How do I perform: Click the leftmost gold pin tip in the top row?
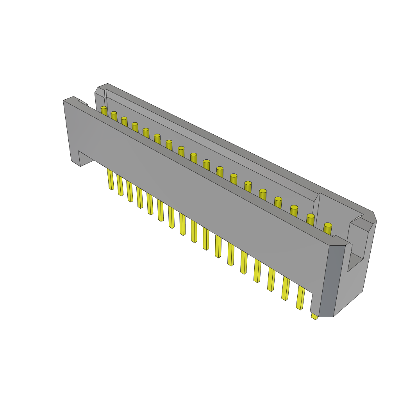tap(104, 108)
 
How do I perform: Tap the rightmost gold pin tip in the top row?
tap(328, 225)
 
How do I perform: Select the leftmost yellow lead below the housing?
tap(111, 180)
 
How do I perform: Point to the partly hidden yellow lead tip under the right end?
tap(314, 317)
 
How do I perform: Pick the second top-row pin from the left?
tap(114, 113)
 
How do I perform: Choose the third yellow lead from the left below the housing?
tap(130, 191)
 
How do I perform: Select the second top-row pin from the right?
tap(311, 216)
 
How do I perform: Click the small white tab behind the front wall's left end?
tap(83, 102)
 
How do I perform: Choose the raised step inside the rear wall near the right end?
tap(317, 207)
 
